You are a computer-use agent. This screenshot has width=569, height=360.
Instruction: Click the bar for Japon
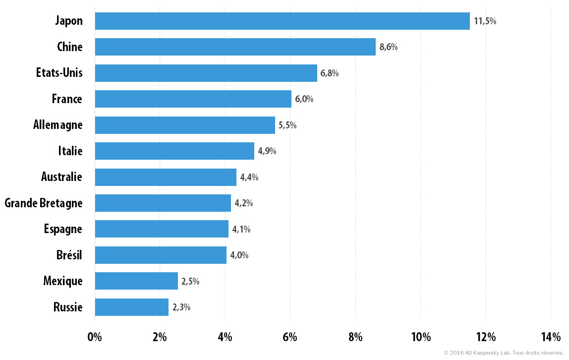point(283,21)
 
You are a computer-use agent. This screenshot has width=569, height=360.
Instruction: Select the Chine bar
point(235,47)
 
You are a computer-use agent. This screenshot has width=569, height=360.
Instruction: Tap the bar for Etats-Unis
point(206,73)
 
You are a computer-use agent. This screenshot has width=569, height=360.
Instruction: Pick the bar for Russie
point(132,307)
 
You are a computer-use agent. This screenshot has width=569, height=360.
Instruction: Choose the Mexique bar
point(136,281)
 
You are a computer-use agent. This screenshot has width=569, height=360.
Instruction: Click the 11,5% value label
point(485,21)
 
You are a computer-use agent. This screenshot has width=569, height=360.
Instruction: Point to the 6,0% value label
point(304,99)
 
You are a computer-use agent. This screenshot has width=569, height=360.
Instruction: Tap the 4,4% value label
point(249,177)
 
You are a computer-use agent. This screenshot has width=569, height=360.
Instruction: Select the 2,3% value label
point(181,307)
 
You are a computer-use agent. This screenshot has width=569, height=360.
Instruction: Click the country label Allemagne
point(57,125)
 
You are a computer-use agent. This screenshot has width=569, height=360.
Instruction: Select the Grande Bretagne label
point(44,203)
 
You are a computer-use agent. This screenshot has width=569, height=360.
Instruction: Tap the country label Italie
point(70,151)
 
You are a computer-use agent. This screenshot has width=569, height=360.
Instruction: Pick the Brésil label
point(69,255)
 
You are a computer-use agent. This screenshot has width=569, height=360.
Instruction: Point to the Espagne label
point(63,230)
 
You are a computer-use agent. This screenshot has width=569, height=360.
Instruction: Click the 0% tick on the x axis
point(95,337)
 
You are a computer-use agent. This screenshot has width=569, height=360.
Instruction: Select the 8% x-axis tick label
point(356,337)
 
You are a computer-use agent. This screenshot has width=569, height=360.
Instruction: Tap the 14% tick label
point(551,337)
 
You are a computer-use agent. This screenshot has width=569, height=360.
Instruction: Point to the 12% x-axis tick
point(486,337)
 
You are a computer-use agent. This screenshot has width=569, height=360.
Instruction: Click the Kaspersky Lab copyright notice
point(504,353)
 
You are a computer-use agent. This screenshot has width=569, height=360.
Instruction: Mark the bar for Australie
point(166,177)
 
